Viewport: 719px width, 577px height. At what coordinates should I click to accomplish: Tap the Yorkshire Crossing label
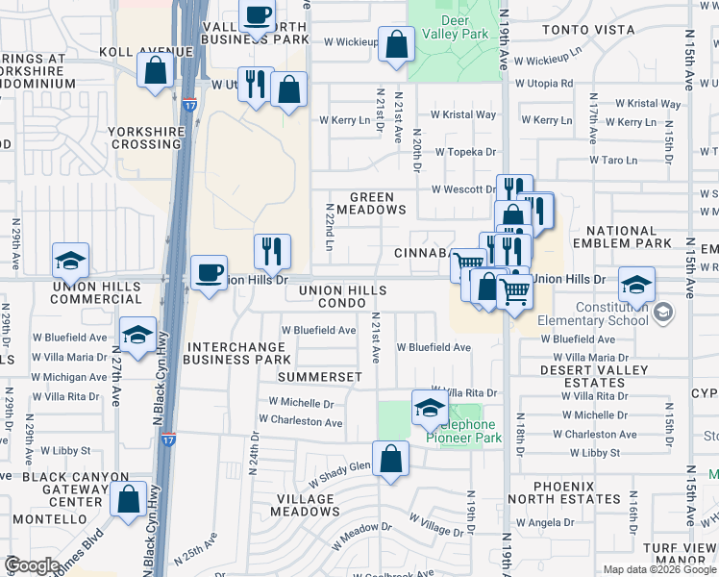[x=145, y=137]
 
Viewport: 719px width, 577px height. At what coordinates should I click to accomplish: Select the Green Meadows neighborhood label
[x=372, y=203]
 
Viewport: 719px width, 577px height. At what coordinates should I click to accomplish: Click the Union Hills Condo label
[x=342, y=296]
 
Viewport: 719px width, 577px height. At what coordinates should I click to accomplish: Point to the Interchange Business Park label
[x=236, y=353]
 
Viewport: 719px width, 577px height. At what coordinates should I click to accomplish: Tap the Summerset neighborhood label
[x=319, y=377]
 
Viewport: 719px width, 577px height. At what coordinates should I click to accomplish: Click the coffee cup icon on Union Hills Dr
[x=208, y=272]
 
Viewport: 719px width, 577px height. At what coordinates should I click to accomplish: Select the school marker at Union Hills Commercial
[x=70, y=261]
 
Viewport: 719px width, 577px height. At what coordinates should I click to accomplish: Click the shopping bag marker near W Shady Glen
[x=390, y=459]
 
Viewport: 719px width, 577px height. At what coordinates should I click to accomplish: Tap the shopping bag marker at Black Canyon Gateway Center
[x=128, y=499]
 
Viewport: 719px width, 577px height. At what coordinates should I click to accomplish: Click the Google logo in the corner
[x=32, y=566]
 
